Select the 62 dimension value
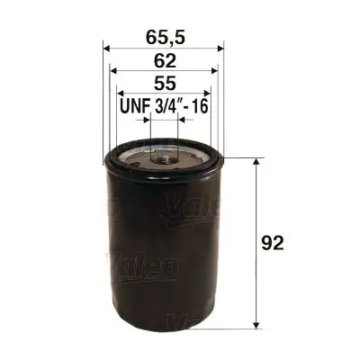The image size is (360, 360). [165, 60]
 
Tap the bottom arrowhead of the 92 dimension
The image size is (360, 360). [259, 320]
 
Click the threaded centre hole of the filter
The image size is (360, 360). [165, 160]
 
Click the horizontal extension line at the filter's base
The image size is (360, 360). [243, 326]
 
